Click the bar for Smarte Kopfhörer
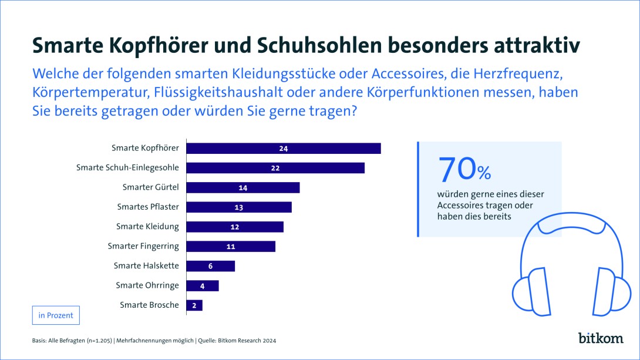(x=284, y=148)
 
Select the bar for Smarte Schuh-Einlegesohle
(x=275, y=168)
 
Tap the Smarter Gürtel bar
(x=243, y=187)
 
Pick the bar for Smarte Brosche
(x=194, y=305)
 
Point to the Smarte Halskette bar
(x=211, y=266)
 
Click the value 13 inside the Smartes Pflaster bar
(x=238, y=207)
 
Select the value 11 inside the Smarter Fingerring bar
(x=230, y=247)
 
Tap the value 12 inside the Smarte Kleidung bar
(x=234, y=227)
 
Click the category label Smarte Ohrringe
(x=147, y=285)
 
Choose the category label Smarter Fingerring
(x=143, y=246)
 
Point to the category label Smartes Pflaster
(x=148, y=207)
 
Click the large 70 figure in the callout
(x=456, y=169)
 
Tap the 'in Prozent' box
(x=56, y=315)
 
